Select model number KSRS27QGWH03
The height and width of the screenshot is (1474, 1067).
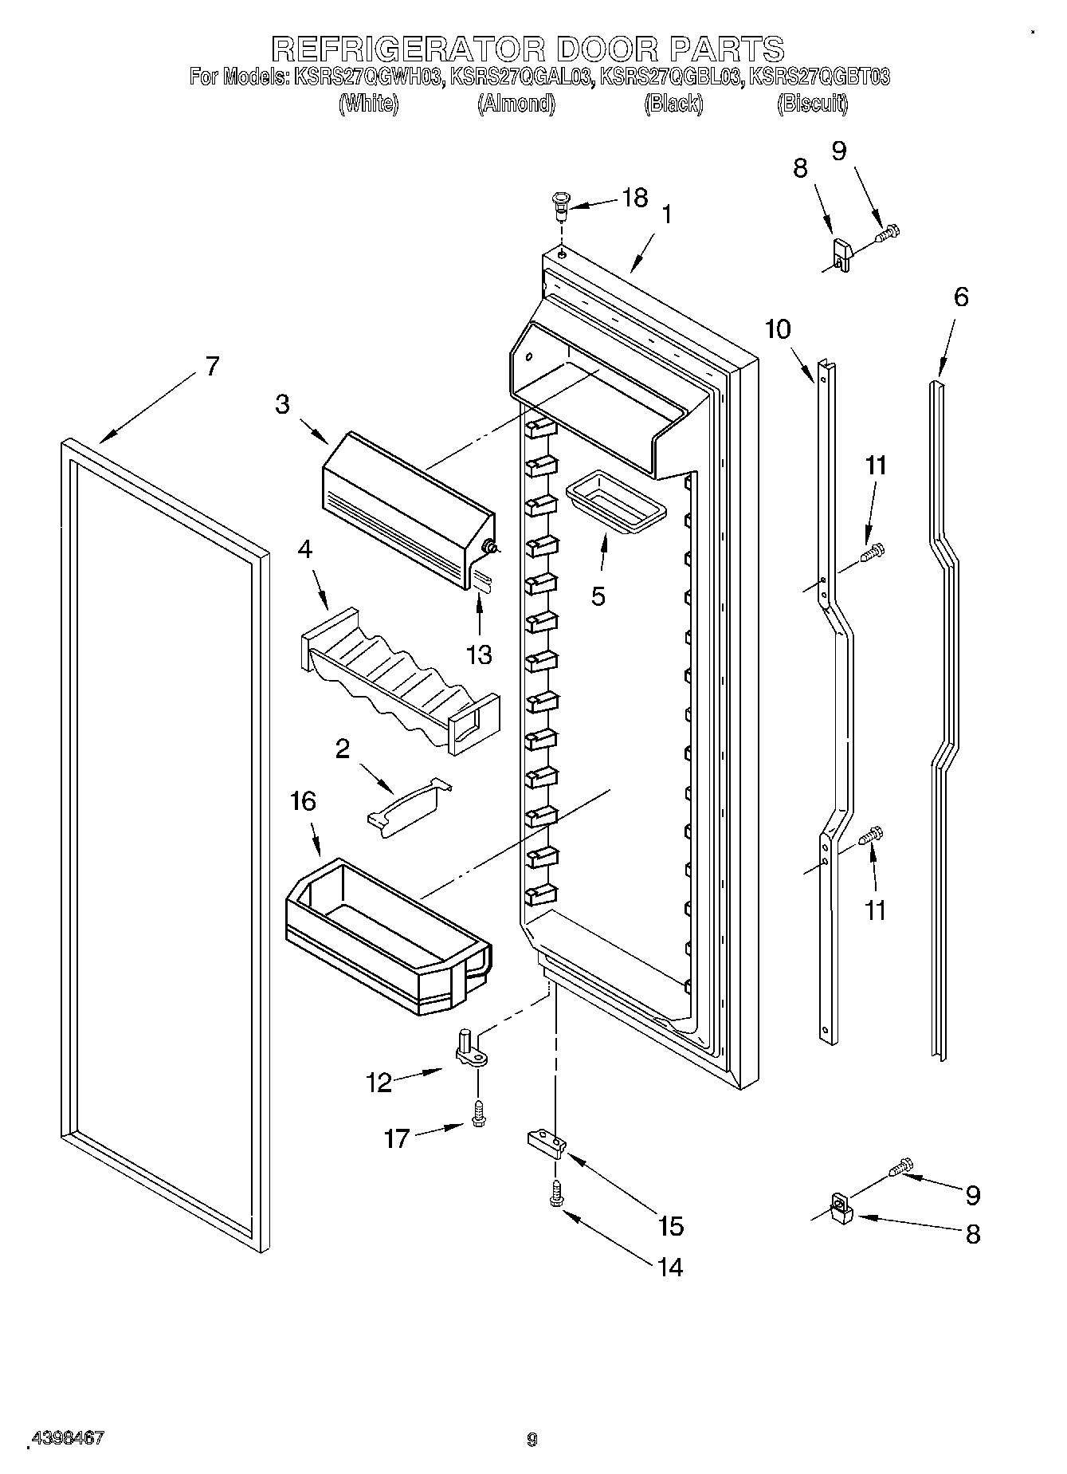point(368,78)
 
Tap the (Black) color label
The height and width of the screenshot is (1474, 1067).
point(673,104)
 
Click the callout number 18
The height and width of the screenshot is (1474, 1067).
point(635,198)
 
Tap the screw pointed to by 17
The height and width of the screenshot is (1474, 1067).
point(479,1114)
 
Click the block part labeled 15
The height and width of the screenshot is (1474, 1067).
point(547,1144)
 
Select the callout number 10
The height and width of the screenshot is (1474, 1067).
point(779,328)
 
